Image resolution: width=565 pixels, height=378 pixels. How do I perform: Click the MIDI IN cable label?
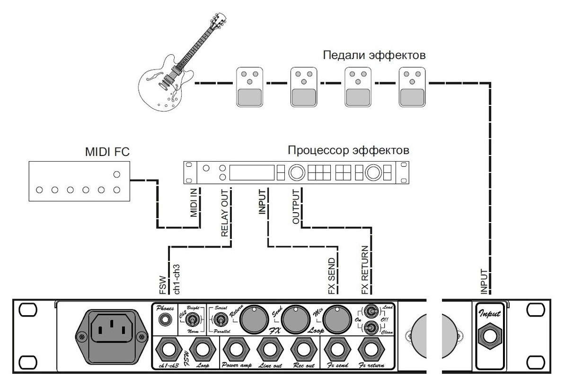point(194,204)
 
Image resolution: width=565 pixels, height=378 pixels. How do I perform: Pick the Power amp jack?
point(237,351)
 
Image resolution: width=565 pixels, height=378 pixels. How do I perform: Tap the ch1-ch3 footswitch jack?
point(170,351)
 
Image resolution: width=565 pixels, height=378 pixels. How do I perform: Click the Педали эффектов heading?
point(374,55)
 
